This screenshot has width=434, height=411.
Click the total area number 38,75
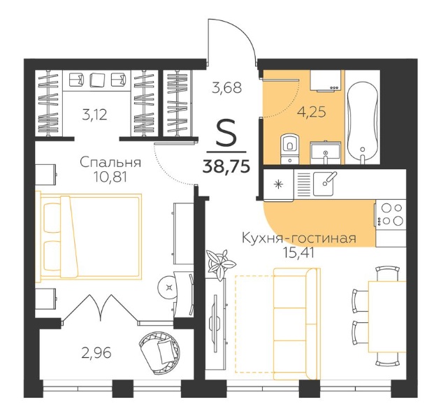click(226, 166)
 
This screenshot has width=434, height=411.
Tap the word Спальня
click(110, 162)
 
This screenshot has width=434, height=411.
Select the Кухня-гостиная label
click(299, 238)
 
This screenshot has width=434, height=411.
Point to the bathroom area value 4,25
click(312, 113)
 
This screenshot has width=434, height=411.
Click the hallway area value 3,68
click(226, 87)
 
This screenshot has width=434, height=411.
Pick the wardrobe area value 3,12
click(94, 115)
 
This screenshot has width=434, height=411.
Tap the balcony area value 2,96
click(96, 353)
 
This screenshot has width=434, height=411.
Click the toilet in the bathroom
click(289, 149)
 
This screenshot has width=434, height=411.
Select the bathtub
click(362, 121)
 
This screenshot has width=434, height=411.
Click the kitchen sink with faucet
click(325, 184)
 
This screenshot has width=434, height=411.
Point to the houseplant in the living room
click(221, 264)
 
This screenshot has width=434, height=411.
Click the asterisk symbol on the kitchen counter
click(278, 185)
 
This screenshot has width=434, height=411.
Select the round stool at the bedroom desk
click(169, 288)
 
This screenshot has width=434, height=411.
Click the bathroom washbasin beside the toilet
click(326, 153)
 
